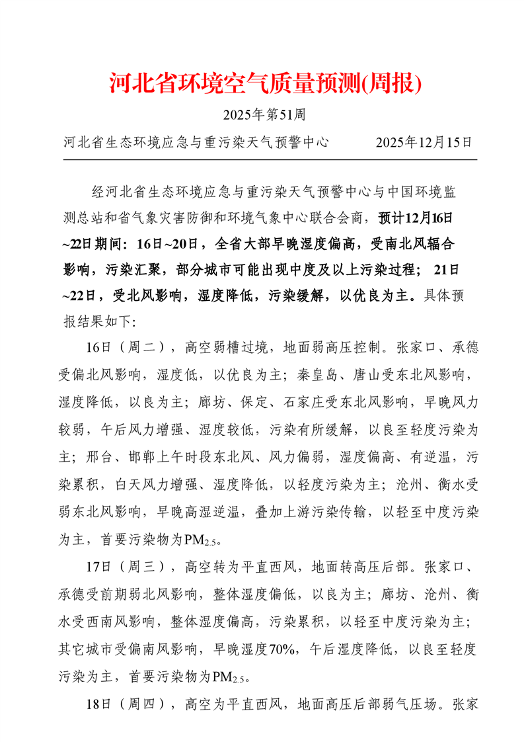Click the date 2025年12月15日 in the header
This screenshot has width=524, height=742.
pyautogui.click(x=424, y=142)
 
